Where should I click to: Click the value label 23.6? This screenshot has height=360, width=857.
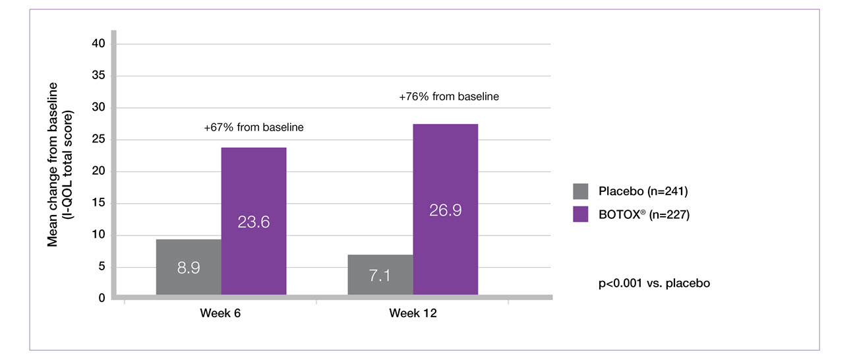click(x=254, y=222)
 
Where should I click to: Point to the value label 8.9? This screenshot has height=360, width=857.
click(x=189, y=268)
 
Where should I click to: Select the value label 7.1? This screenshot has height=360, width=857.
click(x=380, y=275)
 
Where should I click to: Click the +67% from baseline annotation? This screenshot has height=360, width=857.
click(x=254, y=127)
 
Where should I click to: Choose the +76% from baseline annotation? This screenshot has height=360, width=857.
click(x=449, y=96)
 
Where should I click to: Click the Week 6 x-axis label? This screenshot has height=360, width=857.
click(x=220, y=313)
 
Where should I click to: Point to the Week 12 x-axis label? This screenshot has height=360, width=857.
click(x=413, y=313)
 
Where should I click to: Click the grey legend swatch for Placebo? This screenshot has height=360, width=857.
click(x=580, y=191)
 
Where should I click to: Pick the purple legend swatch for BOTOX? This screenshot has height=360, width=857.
click(x=580, y=214)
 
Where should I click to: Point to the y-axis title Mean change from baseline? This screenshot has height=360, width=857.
click(x=53, y=165)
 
